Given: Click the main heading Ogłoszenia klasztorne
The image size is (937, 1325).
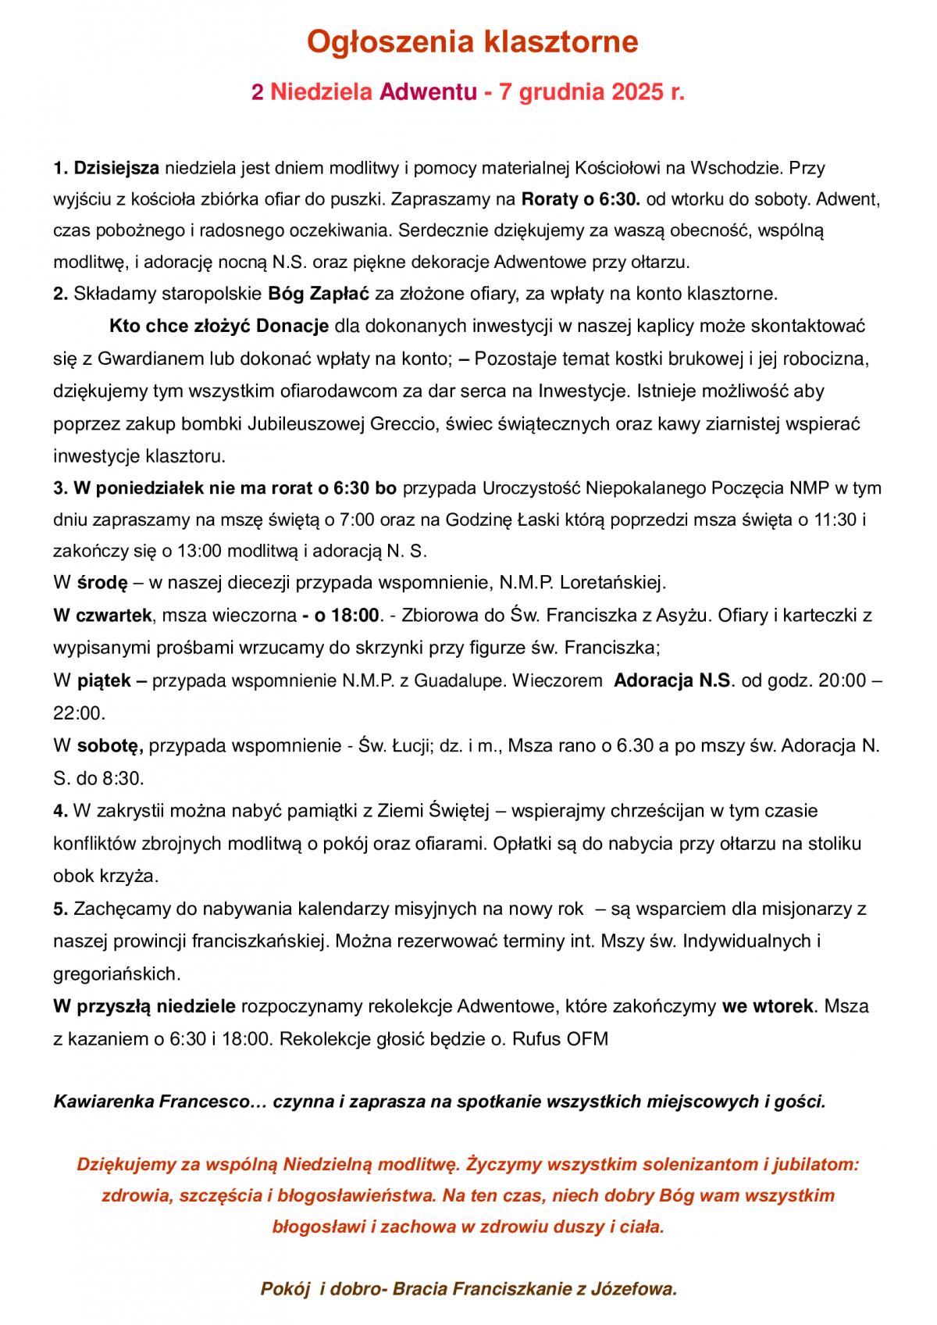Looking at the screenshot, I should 472,42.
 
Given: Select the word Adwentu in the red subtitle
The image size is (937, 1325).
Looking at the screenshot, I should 427,93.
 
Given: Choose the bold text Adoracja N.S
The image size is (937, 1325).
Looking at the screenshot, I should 673,680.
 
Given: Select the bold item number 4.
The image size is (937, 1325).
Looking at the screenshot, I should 60,811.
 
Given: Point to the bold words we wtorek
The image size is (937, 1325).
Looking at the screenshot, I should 767,1006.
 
